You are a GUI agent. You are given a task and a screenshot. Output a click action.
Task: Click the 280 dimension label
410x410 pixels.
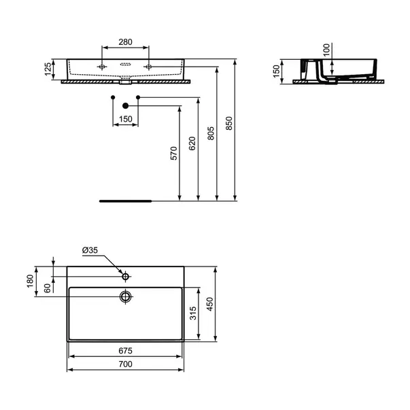(125, 42)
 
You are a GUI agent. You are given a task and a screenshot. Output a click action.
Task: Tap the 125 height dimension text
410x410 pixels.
(48, 69)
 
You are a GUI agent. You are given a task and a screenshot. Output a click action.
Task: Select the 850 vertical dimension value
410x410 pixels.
(228, 124)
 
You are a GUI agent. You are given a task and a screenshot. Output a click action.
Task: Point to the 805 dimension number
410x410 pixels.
(211, 133)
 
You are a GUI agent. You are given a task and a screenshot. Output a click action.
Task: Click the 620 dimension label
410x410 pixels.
(192, 143)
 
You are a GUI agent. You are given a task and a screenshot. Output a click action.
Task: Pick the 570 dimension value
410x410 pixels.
(174, 153)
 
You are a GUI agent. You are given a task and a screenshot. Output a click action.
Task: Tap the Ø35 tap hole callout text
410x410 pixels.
(90, 250)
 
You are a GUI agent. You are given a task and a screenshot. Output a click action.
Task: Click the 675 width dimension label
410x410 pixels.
(125, 351)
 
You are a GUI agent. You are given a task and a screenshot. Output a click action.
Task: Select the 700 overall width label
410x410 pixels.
(125, 364)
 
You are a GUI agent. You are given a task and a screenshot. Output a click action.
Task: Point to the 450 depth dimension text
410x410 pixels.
(210, 304)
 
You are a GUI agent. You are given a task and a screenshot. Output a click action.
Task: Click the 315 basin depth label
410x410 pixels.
(193, 313)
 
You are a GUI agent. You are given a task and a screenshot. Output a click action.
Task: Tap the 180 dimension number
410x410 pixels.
(30, 281)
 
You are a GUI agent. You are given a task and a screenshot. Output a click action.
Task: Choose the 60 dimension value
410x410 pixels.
(48, 288)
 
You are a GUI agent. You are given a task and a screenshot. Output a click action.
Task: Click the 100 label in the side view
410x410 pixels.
(326, 50)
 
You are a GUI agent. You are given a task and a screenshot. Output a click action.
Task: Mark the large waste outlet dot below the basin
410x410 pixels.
(126, 105)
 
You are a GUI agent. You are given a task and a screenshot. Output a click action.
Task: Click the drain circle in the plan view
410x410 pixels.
(126, 296)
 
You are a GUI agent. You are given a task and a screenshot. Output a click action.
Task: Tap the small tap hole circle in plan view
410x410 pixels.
(126, 276)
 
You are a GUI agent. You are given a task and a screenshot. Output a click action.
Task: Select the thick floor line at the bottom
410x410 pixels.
(125, 201)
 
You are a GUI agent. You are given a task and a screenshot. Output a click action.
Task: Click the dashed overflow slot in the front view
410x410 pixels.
(126, 65)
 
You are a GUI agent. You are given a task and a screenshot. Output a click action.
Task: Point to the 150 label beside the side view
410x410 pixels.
(276, 71)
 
